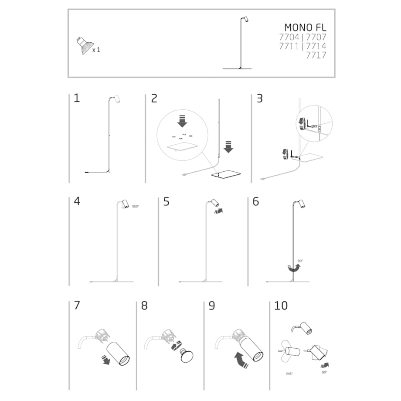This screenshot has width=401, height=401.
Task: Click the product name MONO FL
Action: (x=305, y=27)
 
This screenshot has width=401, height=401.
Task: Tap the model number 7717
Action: (x=316, y=55)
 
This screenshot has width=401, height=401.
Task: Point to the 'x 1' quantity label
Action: (x=96, y=50)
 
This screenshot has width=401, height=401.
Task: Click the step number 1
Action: (x=77, y=99)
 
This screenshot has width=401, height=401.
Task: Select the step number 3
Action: (x=260, y=99)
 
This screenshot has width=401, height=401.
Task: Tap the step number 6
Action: (x=256, y=202)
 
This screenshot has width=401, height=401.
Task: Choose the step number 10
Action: (x=281, y=306)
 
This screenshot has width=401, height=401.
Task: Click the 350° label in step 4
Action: (x=135, y=207)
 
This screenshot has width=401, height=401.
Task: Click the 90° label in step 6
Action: (x=300, y=261)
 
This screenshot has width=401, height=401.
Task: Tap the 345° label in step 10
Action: (x=289, y=374)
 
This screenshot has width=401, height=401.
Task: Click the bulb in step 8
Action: (x=187, y=355)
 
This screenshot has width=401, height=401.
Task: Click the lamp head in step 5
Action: (x=214, y=204)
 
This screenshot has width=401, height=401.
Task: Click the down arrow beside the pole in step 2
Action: (x=228, y=148)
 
